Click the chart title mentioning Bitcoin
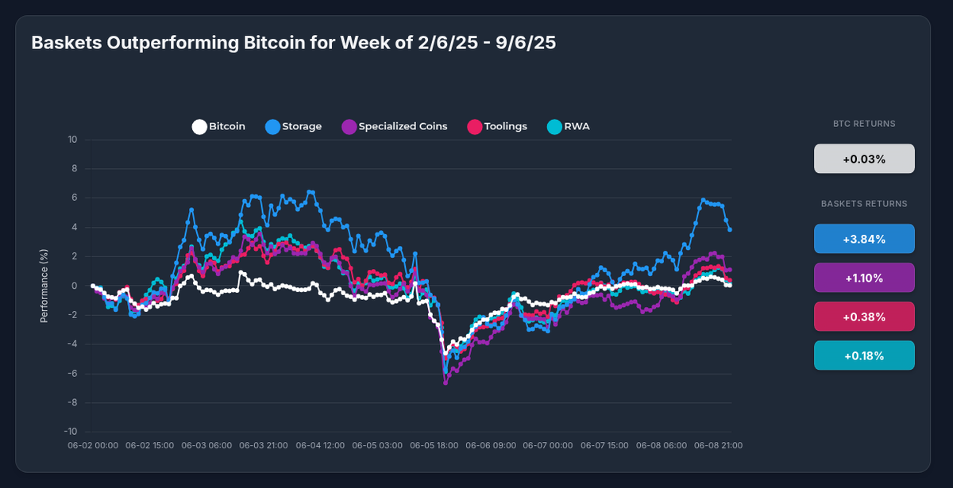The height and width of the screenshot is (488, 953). point(293,43)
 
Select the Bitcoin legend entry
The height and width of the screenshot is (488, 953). point(218,126)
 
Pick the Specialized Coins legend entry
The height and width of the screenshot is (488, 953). point(394,126)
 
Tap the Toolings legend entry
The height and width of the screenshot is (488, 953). point(496,126)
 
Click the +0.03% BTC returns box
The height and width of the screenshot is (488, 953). point(864,159)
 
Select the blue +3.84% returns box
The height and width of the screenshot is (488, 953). point(864,239)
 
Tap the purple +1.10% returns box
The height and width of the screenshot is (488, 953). point(864,278)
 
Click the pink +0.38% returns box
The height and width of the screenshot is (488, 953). point(864,317)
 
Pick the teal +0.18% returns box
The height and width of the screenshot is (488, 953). point(864,355)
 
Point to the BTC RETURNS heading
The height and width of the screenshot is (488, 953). point(864,124)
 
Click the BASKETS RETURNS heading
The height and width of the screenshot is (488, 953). point(864,204)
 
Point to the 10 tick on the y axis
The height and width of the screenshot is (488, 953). point(72,140)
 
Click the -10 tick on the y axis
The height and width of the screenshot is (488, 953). point(71,432)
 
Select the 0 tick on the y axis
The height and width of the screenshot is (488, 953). point(75,286)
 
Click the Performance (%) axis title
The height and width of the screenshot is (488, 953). point(44,286)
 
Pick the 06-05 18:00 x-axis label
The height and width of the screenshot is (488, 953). point(434,446)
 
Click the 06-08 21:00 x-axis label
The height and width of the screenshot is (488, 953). point(719,446)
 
